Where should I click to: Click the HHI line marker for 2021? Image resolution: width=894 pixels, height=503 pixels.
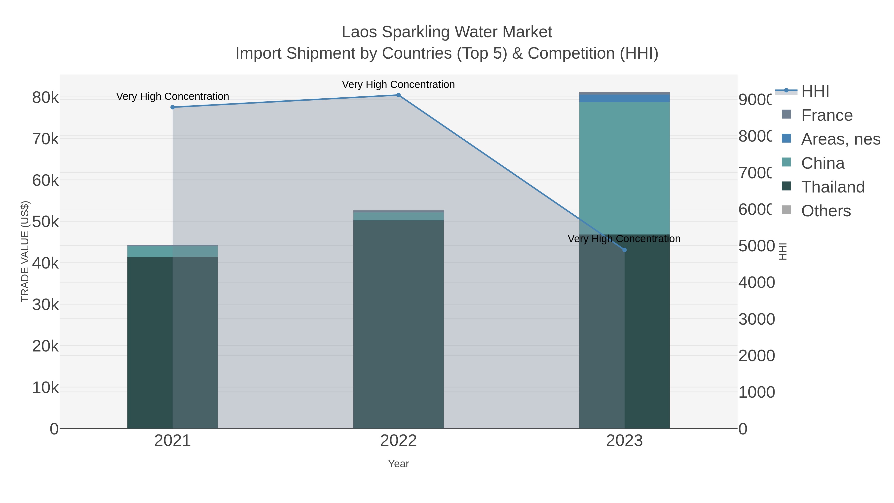tap(173, 107)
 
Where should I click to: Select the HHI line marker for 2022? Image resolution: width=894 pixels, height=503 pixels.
tap(398, 95)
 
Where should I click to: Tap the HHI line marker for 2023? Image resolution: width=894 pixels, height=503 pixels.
tap(624, 250)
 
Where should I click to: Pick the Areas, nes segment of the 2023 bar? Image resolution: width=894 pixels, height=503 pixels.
tap(624, 98)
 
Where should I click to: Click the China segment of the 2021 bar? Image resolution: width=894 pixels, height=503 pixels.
tap(173, 251)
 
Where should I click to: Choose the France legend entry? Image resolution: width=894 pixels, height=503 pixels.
tap(827, 115)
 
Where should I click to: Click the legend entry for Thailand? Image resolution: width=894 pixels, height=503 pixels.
tap(833, 187)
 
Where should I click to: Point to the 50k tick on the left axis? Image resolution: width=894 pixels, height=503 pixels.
tap(45, 222)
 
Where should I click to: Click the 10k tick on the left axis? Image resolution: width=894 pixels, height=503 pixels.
tap(45, 388)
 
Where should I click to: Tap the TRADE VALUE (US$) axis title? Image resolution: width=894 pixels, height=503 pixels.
tap(25, 251)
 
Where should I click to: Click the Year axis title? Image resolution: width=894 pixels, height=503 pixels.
tap(398, 464)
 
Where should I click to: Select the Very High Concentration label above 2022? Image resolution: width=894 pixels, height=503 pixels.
tap(398, 84)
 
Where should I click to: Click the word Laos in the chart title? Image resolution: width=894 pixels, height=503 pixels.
tap(359, 32)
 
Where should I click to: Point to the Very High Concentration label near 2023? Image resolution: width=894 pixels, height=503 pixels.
tap(624, 239)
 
